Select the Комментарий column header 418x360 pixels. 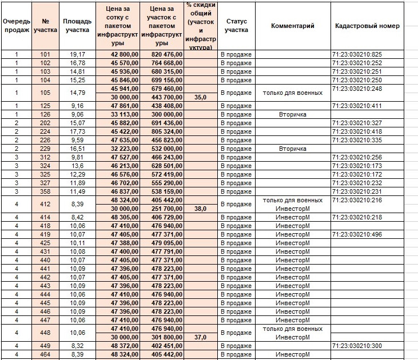[292, 26]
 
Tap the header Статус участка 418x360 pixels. [236, 26]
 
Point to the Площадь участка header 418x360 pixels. [77, 26]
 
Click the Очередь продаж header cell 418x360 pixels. [17, 26]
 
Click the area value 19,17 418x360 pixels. [77, 54]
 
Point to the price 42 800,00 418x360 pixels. [118, 54]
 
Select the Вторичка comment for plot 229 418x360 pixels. [292, 149]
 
